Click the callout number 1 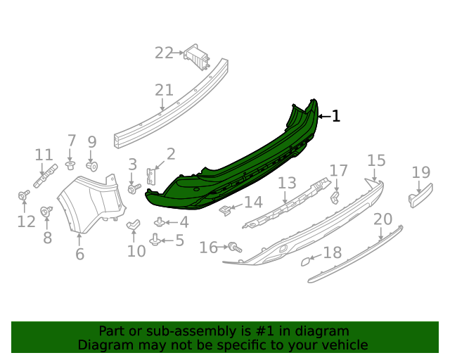point(336,116)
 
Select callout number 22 point(164,53)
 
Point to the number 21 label point(164,90)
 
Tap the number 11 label point(44,155)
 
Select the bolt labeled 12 point(23,195)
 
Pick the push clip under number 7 point(71,165)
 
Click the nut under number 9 point(92,167)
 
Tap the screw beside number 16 point(233,247)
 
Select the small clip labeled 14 point(226,210)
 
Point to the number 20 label point(382,219)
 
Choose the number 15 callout point(376,160)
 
